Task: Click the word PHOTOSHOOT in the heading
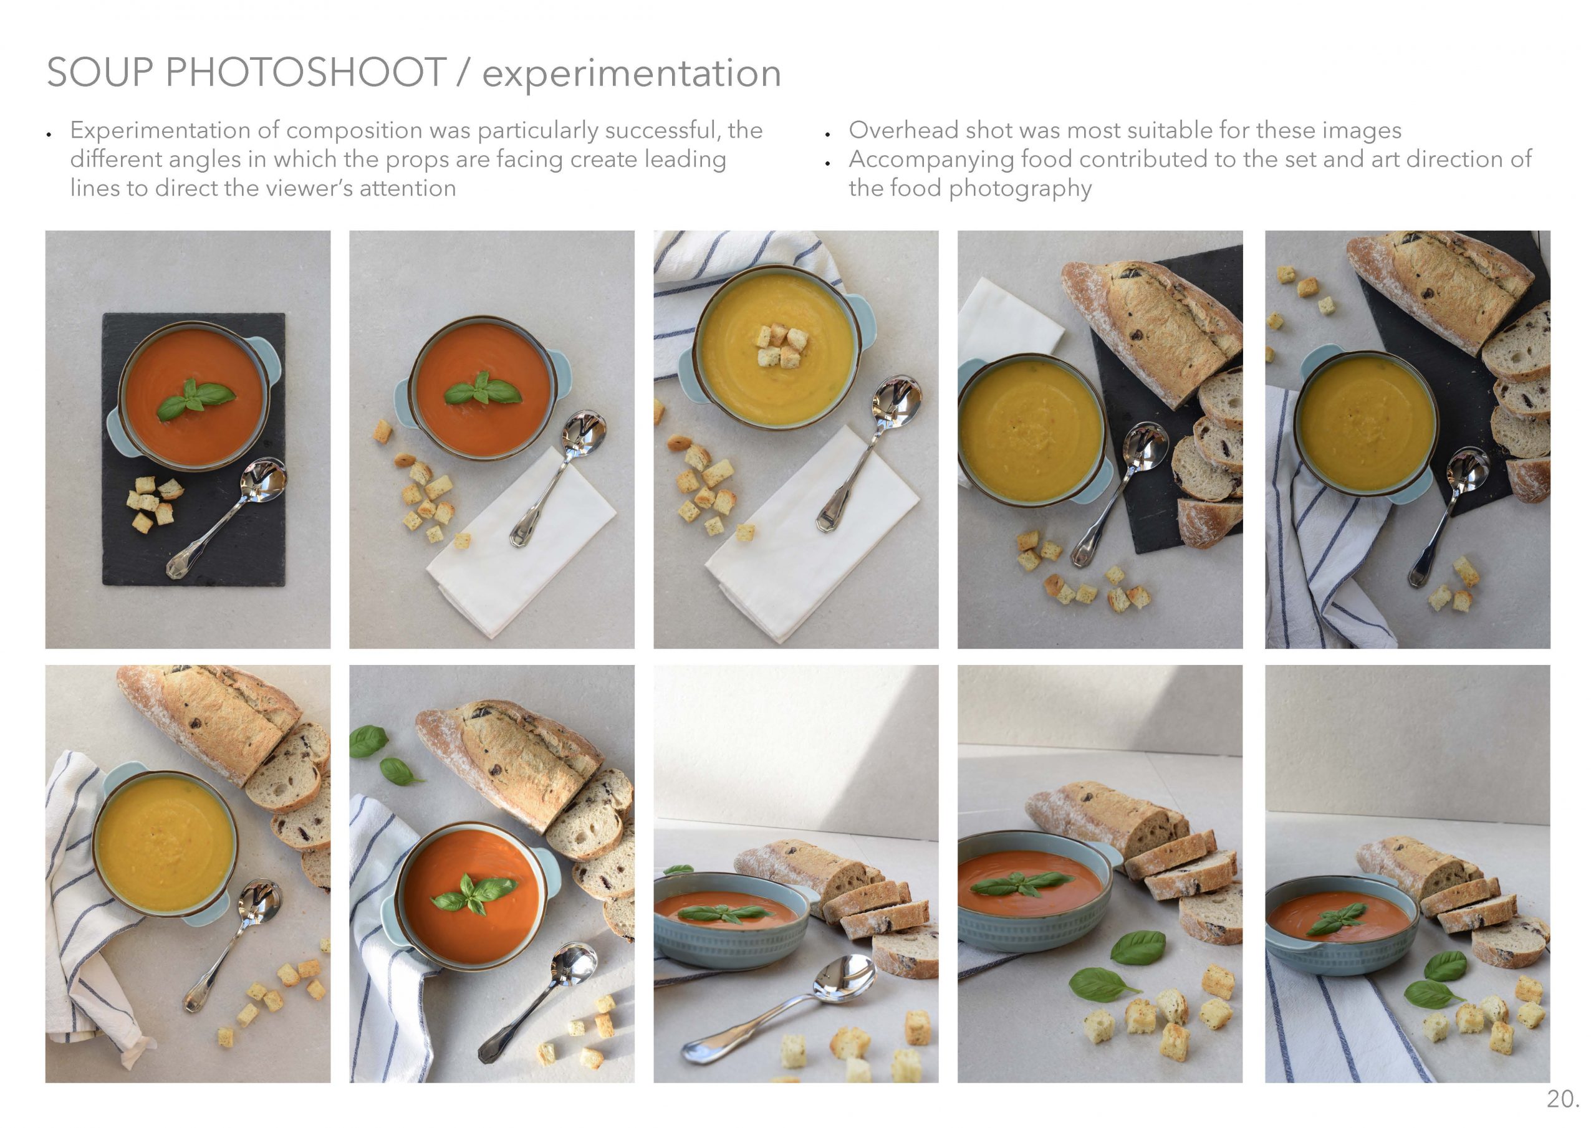click(x=306, y=72)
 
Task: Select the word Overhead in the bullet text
click(x=905, y=130)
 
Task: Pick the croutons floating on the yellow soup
click(x=781, y=345)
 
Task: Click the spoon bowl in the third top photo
click(x=898, y=403)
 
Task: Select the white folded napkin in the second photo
click(x=521, y=542)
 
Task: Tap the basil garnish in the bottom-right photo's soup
click(x=1337, y=919)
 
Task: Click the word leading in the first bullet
click(x=685, y=160)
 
